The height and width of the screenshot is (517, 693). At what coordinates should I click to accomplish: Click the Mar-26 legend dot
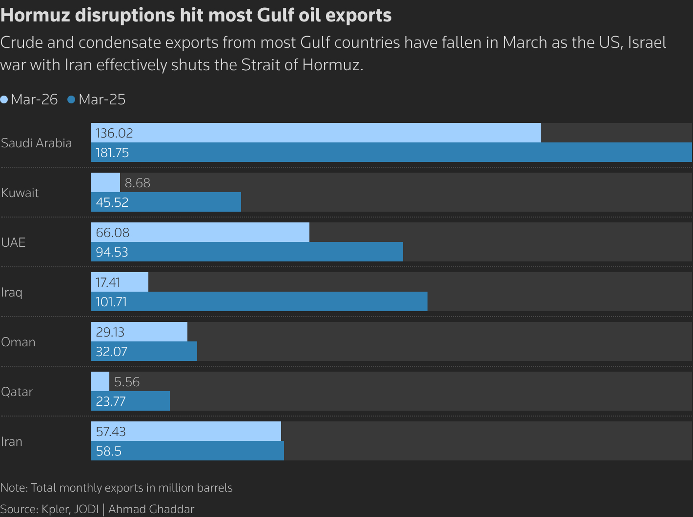pyautogui.click(x=4, y=99)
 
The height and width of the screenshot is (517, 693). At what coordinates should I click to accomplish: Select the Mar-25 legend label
pyautogui.click(x=102, y=99)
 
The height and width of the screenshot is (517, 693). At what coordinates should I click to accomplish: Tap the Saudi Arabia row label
pyautogui.click(x=37, y=143)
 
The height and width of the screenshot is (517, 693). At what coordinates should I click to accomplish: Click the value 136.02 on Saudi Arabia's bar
pyautogui.click(x=114, y=133)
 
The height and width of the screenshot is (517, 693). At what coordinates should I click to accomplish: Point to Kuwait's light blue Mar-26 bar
pyautogui.click(x=105, y=182)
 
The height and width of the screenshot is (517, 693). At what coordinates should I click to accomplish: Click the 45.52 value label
pyautogui.click(x=112, y=202)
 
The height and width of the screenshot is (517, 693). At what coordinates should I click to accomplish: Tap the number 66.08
pyautogui.click(x=113, y=233)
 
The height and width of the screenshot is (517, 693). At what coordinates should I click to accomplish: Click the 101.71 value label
pyautogui.click(x=111, y=302)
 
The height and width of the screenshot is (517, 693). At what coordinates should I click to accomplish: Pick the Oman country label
pyautogui.click(x=18, y=342)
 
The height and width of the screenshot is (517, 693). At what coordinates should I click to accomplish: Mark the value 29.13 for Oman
pyautogui.click(x=110, y=332)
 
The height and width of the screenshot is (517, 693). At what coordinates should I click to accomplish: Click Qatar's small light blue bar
pyautogui.click(x=100, y=381)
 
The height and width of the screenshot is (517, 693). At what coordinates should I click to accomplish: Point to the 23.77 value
pyautogui.click(x=111, y=401)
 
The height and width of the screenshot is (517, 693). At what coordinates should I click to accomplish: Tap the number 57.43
pyautogui.click(x=111, y=432)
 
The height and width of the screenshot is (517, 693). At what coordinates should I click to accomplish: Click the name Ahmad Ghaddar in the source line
pyautogui.click(x=151, y=509)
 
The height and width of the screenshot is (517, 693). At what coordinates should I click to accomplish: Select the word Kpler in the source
pyautogui.click(x=56, y=509)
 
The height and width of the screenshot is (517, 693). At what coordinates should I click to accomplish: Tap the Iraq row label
pyautogui.click(x=12, y=292)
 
